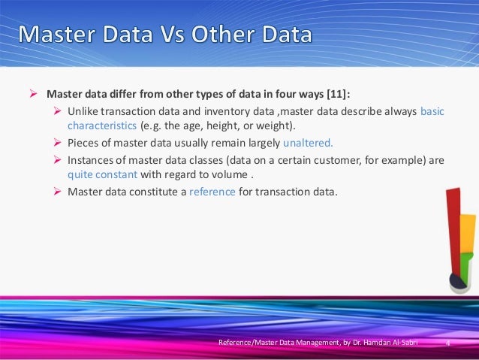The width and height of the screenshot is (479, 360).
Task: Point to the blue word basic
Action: (432, 111)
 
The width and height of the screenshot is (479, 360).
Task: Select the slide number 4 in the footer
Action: (447, 344)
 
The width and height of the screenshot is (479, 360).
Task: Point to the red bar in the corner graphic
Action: (453, 225)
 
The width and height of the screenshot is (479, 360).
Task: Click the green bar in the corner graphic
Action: (465, 266)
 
